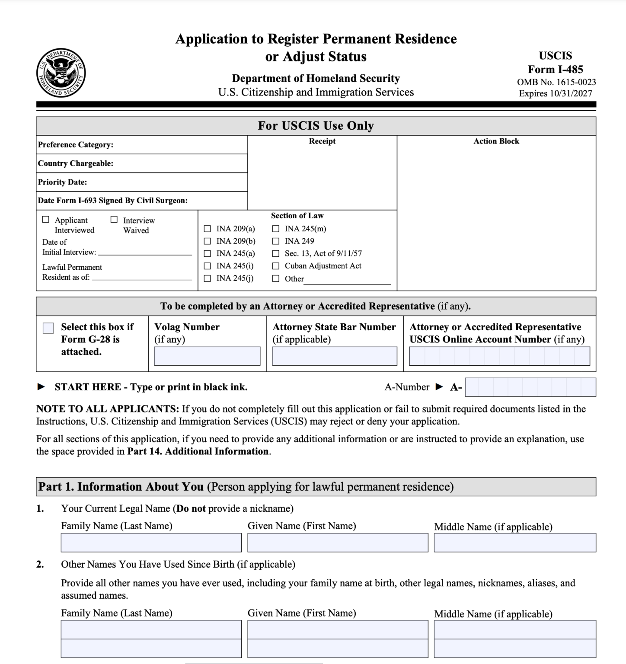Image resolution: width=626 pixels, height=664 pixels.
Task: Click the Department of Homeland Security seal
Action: click(61, 73)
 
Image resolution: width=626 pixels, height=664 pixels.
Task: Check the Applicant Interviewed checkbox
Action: click(46, 220)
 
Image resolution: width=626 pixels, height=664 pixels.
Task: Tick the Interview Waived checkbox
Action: click(114, 220)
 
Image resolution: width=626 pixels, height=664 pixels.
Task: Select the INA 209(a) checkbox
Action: click(208, 229)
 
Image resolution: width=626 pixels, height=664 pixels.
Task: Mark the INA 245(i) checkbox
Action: click(208, 266)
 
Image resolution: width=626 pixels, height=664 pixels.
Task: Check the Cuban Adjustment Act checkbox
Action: click(276, 266)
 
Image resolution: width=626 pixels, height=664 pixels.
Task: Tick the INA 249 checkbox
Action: click(276, 241)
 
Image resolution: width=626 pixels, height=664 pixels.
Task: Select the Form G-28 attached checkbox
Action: click(48, 328)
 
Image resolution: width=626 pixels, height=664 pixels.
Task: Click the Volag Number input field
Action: click(207, 356)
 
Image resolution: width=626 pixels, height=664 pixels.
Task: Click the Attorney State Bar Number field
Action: click(335, 356)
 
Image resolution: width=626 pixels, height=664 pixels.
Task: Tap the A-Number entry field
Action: click(530, 387)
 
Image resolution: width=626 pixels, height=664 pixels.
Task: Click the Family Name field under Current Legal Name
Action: click(151, 543)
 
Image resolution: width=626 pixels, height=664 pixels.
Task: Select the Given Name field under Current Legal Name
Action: click(338, 543)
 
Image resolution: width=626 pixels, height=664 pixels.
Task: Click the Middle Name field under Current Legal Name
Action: click(515, 543)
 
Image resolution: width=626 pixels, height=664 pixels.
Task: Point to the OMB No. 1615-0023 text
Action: click(556, 82)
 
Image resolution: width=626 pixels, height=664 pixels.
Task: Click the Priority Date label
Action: click(63, 182)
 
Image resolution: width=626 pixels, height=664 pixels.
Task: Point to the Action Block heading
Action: click(496, 141)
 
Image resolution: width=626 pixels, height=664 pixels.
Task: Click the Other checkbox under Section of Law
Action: click(276, 279)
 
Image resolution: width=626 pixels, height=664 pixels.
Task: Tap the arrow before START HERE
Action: click(41, 387)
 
